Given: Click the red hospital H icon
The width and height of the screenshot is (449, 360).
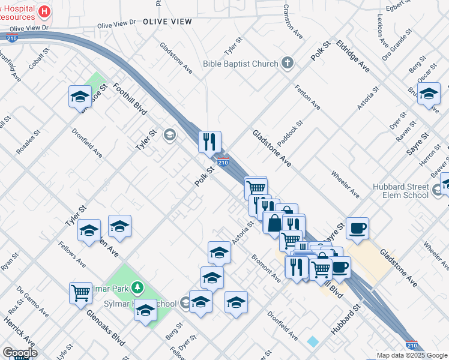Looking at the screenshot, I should [44, 11].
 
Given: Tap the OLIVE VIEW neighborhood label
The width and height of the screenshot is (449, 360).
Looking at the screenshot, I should [167, 22].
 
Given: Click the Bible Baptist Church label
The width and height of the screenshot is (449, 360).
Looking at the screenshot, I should [241, 64].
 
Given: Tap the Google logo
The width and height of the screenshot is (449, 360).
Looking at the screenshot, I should [19, 353].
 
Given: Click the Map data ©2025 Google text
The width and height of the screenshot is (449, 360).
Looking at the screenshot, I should [411, 355].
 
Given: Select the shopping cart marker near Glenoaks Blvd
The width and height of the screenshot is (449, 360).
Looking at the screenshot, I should [80, 293].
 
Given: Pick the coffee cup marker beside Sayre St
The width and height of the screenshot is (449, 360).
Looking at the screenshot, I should [357, 228].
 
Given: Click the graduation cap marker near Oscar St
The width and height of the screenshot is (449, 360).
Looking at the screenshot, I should [429, 94].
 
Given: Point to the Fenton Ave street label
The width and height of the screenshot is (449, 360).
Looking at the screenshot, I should [307, 97].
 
